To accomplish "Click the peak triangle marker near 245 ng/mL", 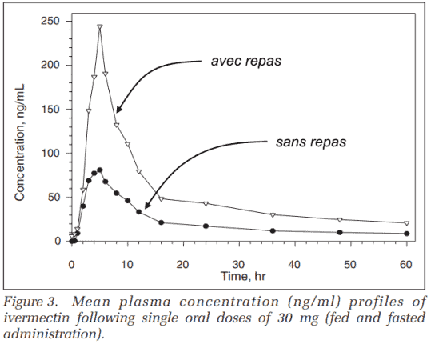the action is (100, 27).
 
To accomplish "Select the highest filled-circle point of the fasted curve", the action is (100, 170).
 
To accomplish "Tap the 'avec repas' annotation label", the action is (246, 61).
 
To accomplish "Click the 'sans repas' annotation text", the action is (311, 142).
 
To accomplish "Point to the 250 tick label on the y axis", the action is (50, 21).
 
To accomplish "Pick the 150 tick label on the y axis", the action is (50, 109).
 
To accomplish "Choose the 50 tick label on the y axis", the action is (54, 197).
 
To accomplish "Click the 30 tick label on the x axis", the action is (238, 265).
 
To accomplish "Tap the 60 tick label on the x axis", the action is (406, 265).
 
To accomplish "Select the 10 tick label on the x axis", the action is (127, 265).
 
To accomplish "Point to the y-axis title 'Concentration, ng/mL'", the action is (20, 142).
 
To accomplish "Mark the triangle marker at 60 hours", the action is (407, 223).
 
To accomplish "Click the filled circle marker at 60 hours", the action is (407, 234).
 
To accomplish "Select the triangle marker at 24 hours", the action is (206, 203).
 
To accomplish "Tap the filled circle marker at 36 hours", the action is (273, 230).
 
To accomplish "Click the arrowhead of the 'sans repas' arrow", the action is (147, 205).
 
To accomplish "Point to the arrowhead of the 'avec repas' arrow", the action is (118, 109).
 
